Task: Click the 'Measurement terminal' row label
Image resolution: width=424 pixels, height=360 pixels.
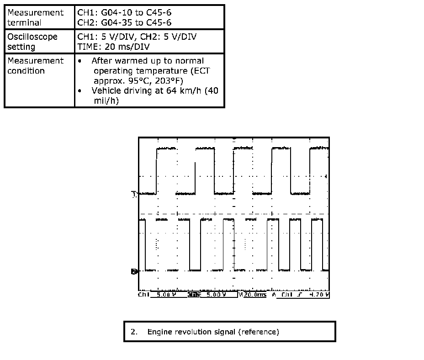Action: (x=35, y=17)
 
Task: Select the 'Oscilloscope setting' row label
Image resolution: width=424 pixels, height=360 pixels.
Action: (x=32, y=42)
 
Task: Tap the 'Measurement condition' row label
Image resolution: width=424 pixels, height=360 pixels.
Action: (x=35, y=66)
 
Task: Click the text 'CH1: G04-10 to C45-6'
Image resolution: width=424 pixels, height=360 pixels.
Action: (x=124, y=13)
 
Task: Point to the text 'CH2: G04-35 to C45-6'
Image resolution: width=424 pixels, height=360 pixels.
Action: (x=124, y=22)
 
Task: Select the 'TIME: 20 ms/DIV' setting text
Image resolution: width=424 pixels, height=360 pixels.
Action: (x=113, y=47)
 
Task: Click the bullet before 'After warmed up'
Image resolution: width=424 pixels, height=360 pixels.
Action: (x=80, y=61)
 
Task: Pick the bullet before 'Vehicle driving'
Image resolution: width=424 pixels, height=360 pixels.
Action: (x=80, y=91)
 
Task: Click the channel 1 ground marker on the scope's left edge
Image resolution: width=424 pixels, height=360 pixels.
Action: (x=134, y=194)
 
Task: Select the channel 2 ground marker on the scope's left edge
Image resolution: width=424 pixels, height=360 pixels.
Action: (x=134, y=271)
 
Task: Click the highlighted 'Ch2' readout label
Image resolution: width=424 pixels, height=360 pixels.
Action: (x=194, y=295)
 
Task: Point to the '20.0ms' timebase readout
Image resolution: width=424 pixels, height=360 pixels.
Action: (x=254, y=295)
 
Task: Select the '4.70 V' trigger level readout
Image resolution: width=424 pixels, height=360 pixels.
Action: (x=318, y=295)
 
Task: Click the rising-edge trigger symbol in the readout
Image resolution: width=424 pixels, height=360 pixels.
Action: (x=299, y=295)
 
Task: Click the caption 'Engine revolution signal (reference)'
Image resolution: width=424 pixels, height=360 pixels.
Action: (x=213, y=332)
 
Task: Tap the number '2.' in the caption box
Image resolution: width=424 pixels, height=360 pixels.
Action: (x=134, y=332)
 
